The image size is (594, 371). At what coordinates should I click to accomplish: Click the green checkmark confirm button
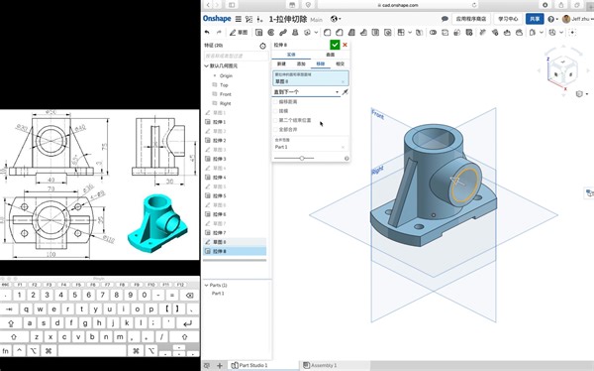(x=336, y=45)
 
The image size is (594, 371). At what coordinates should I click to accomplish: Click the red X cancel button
(x=345, y=45)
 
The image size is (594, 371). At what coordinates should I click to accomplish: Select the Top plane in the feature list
(x=224, y=84)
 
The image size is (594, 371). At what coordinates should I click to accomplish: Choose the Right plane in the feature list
(x=225, y=103)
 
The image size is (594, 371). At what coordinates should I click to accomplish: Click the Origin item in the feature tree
(x=226, y=75)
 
